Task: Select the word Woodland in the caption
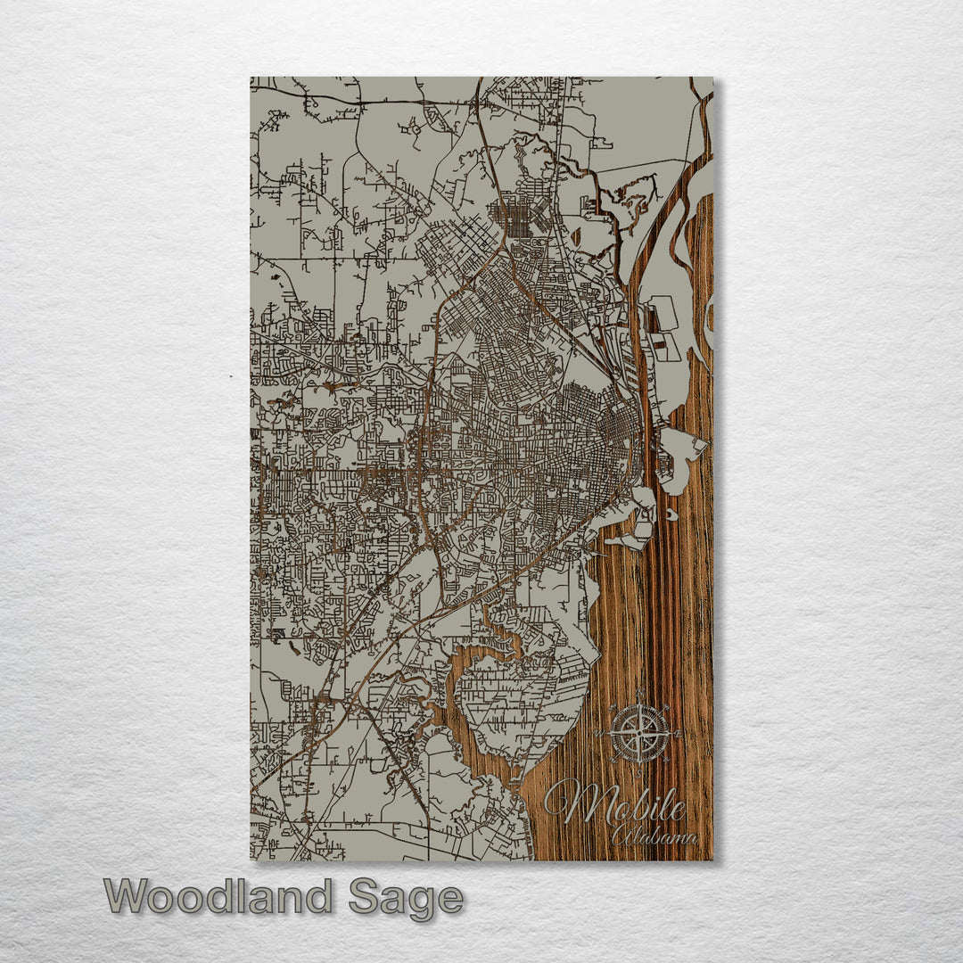coord(218,896)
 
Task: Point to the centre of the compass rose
coord(638,733)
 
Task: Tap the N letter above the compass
coord(639,693)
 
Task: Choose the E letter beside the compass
coord(681,734)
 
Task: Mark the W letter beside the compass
coord(598,734)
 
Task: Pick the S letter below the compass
coord(639,772)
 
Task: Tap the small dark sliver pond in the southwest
coord(276,634)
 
